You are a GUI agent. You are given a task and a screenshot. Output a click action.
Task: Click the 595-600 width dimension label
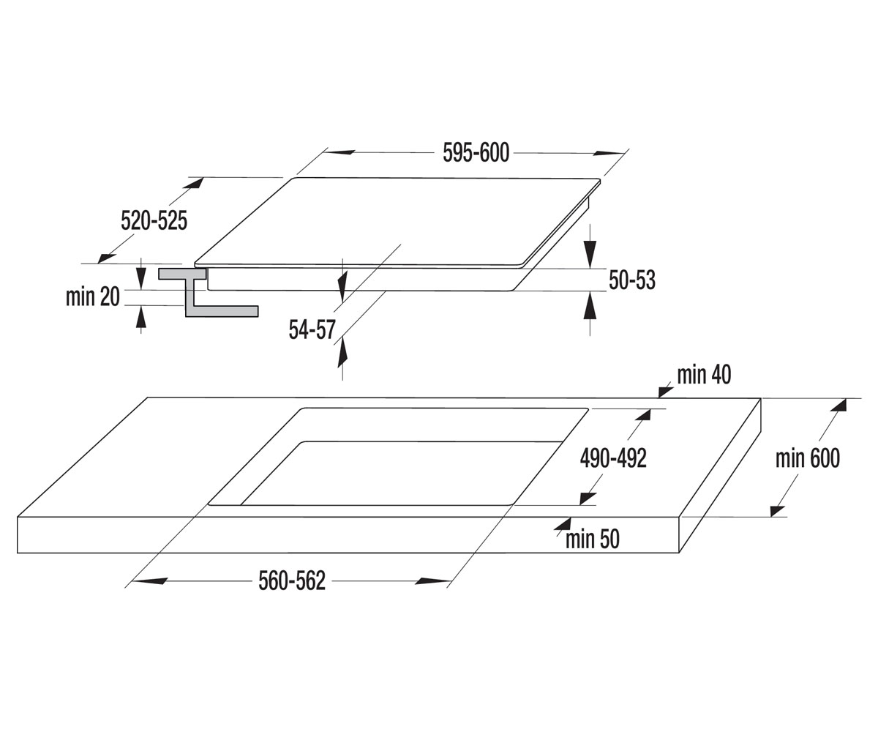point(476,153)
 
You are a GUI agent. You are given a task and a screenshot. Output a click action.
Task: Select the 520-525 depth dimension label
point(154,220)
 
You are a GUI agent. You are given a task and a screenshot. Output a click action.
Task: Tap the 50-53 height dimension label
point(632,280)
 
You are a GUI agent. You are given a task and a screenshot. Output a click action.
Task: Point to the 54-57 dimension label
point(312,329)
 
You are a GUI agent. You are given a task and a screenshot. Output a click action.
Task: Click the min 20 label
point(93,296)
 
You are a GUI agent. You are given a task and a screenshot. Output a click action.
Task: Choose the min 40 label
point(704,374)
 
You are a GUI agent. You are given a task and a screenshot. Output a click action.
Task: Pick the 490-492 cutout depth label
point(613,458)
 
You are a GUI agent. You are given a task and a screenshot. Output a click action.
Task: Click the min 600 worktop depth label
point(808,458)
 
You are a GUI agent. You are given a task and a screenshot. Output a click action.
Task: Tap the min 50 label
point(593,539)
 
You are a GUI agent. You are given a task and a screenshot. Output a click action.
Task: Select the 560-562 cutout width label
point(292,581)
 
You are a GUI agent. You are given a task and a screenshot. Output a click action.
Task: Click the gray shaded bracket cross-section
point(208,293)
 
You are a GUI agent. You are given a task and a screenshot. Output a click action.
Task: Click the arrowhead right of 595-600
point(607,153)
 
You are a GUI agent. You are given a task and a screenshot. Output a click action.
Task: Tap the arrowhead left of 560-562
point(151,581)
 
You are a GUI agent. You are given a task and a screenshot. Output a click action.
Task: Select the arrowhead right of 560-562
point(432,581)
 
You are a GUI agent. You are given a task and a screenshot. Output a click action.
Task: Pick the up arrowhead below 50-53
point(590,305)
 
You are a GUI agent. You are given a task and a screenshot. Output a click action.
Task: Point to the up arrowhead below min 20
point(141,316)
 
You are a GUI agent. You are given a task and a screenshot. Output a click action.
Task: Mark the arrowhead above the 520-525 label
point(194,183)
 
